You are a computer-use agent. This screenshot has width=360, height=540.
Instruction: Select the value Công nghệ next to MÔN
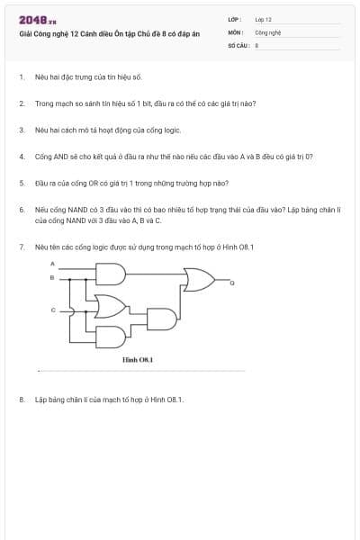pyautogui.click(x=269, y=31)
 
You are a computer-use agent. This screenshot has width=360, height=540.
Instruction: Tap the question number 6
pyautogui.click(x=21, y=208)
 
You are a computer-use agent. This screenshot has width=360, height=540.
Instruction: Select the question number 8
pyautogui.click(x=21, y=399)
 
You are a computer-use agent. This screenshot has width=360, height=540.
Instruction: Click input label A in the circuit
pyautogui.click(x=52, y=263)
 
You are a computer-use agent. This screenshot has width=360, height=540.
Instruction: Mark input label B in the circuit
pyautogui.click(x=52, y=277)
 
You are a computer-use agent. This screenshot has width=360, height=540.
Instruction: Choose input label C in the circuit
pyautogui.click(x=52, y=310)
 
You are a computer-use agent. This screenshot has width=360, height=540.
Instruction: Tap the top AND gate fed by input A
pyautogui.click(x=112, y=271)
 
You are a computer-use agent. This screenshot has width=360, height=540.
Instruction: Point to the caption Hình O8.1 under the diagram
pyautogui.click(x=138, y=358)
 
